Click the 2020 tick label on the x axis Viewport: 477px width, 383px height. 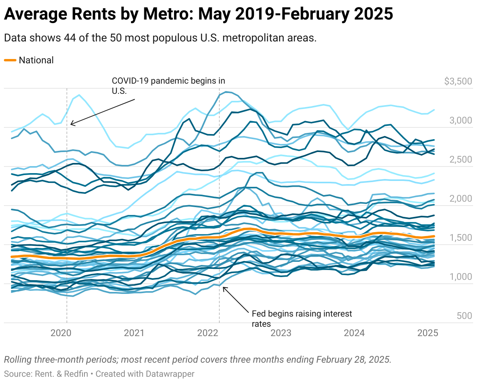61,333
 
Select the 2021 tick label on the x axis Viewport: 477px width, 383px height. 134,333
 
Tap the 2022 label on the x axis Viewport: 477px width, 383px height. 208,333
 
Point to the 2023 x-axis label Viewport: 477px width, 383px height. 281,333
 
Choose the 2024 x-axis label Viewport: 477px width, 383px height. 354,333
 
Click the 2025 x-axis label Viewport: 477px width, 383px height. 427,333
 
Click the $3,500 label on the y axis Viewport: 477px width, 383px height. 458,82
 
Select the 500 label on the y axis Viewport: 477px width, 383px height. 464,316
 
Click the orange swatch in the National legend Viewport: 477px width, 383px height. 10,60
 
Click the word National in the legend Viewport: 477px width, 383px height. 36,60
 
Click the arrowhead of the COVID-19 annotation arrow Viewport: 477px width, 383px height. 71,125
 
